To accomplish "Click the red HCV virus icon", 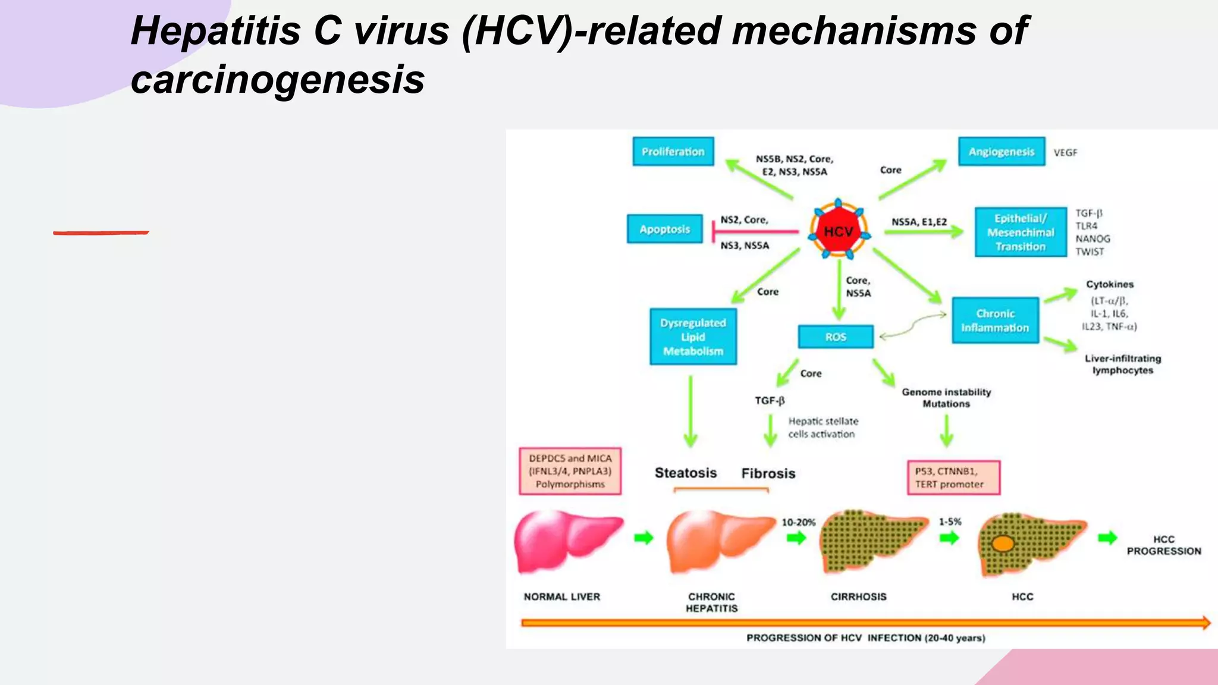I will tap(838, 231).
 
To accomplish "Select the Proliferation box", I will tap(673, 152).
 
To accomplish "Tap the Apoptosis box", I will tap(664, 229).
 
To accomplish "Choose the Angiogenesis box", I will tap(1001, 152).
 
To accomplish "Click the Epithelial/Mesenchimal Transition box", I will tap(1020, 232).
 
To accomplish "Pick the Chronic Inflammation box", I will tap(995, 320).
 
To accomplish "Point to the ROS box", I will tap(836, 337).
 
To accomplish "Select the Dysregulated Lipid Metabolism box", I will tap(693, 337).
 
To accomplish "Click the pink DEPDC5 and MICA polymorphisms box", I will tap(570, 471).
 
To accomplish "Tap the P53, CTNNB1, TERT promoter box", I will tap(953, 477).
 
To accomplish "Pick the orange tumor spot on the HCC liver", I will tap(1003, 543).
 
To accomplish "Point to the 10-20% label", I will tap(798, 522).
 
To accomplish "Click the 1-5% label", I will tap(950, 521).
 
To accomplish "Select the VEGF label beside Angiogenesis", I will tap(1065, 153).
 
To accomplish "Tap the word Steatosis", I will tap(686, 473).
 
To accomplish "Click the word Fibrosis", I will tap(768, 473).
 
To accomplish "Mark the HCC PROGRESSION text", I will tap(1163, 545).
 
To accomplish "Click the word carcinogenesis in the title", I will tap(278, 80).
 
